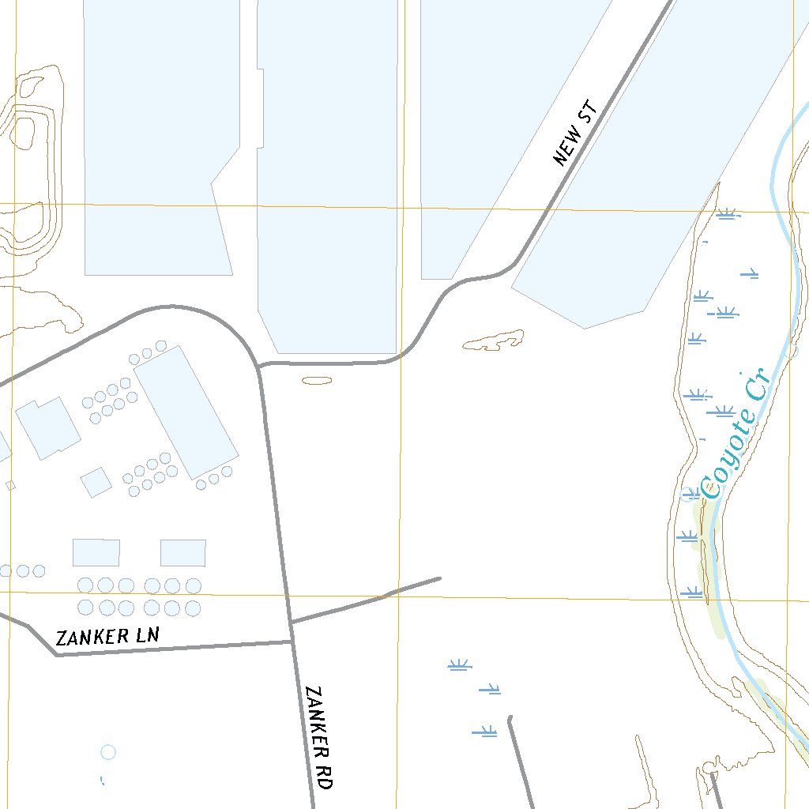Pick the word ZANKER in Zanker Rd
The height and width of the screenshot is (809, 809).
(x=317, y=717)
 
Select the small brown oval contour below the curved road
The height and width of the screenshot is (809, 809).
(x=317, y=381)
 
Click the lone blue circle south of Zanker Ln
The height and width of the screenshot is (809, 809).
(x=108, y=751)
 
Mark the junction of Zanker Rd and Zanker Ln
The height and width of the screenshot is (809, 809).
(x=292, y=641)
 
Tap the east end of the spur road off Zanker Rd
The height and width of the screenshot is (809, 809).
(x=439, y=578)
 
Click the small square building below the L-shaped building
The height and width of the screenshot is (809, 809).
(x=96, y=482)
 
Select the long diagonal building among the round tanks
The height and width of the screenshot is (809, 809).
(x=186, y=412)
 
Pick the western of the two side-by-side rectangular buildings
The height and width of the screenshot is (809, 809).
(x=96, y=552)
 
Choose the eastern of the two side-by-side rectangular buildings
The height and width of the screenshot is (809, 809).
(x=183, y=552)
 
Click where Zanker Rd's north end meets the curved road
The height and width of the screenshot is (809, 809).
(x=260, y=367)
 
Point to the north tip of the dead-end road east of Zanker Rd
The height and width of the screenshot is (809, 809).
(x=510, y=718)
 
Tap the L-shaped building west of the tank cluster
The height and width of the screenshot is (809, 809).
(x=47, y=427)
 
